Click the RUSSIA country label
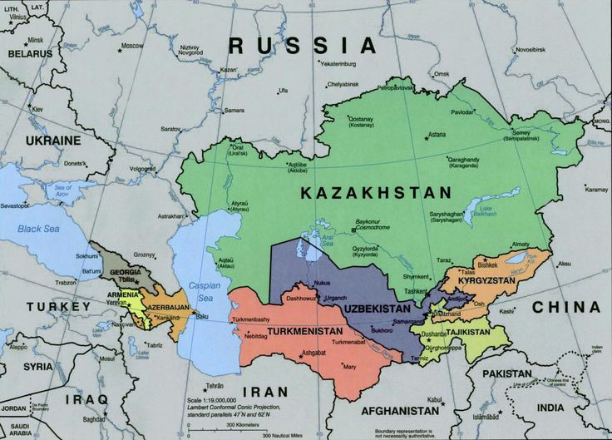pyautogui.click(x=303, y=45)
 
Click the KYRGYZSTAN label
pyautogui.click(x=500, y=282)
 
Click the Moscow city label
pyautogui.click(x=131, y=46)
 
